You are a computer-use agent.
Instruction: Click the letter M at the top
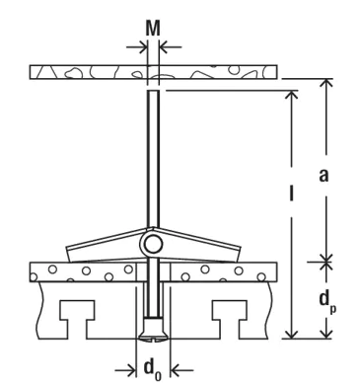(153, 29)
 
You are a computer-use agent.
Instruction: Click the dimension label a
(324, 175)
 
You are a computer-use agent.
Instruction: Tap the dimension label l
(291, 193)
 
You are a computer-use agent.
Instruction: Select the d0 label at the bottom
(153, 369)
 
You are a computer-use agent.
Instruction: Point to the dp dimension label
(327, 303)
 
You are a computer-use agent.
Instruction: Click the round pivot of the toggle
(153, 245)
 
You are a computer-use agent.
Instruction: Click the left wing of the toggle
(107, 245)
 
